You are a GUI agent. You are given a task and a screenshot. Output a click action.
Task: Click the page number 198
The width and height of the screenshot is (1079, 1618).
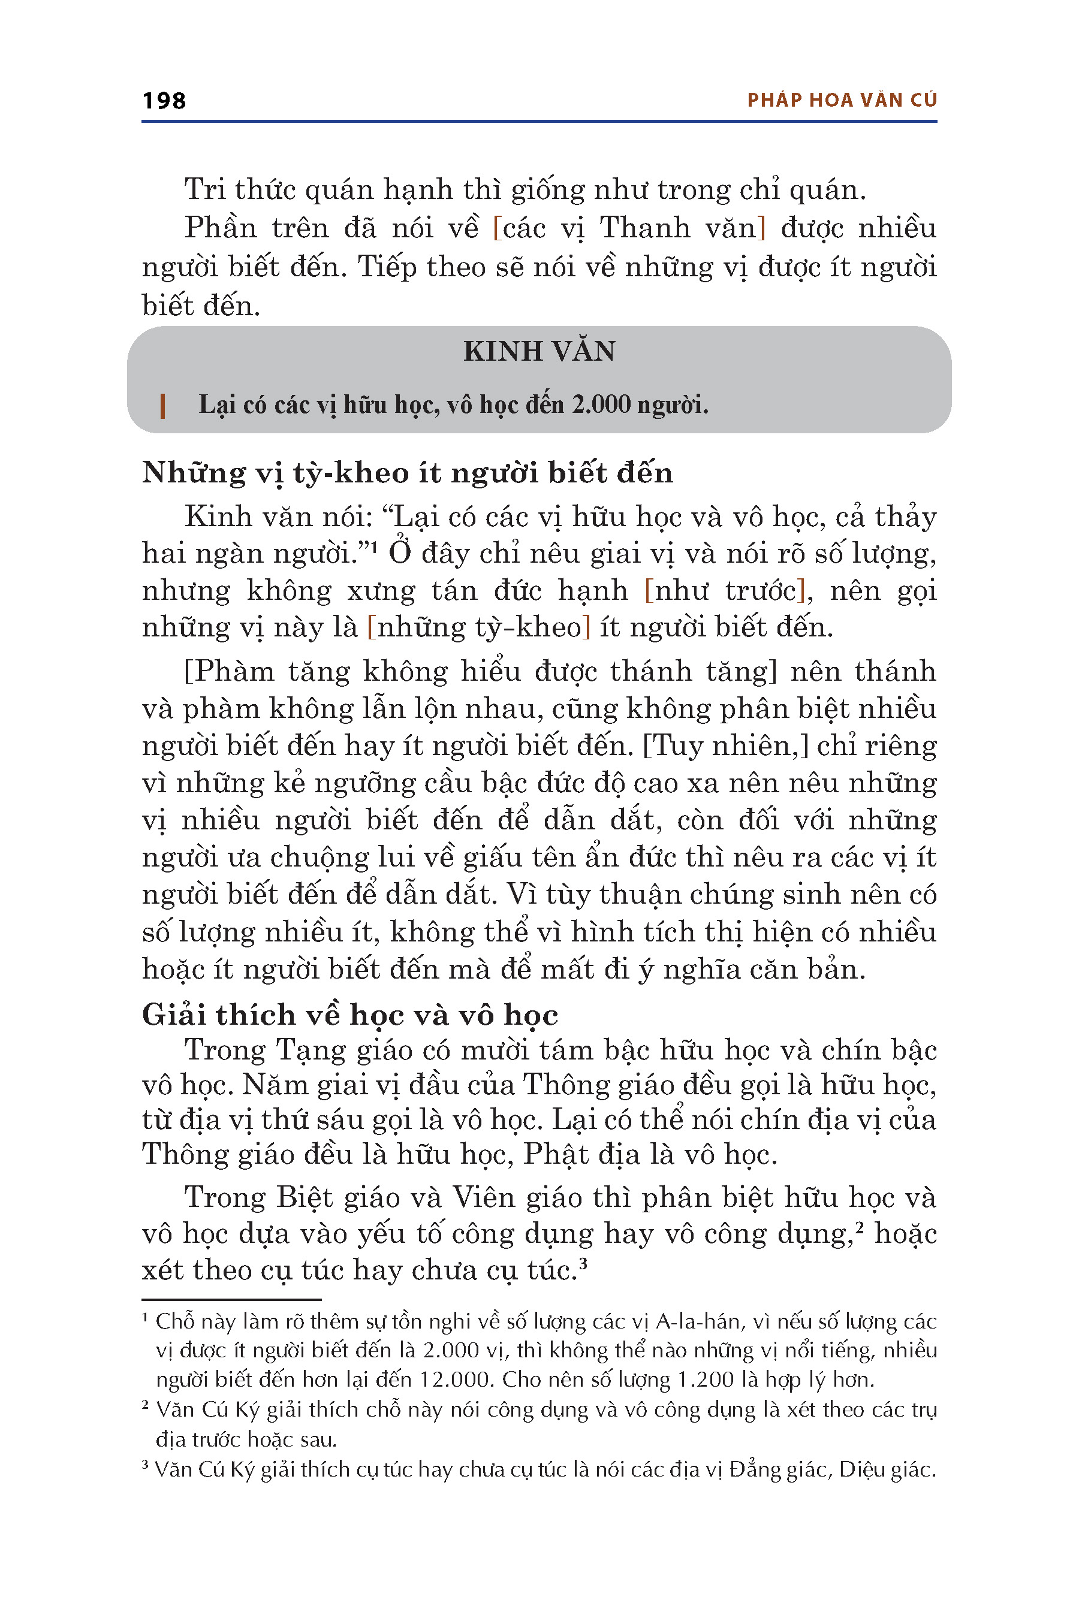coord(164,101)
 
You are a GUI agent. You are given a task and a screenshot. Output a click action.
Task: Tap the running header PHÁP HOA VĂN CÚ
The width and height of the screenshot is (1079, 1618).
coord(842,101)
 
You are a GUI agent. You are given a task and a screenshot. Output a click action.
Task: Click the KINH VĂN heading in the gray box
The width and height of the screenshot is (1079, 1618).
coord(539,352)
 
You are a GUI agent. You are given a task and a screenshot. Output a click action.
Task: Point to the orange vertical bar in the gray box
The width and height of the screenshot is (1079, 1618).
coord(162,406)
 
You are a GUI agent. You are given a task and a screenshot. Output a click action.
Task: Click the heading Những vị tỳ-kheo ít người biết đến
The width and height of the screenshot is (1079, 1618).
coord(408,473)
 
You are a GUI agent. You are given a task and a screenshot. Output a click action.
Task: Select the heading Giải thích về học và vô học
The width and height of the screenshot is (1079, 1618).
coord(349,1015)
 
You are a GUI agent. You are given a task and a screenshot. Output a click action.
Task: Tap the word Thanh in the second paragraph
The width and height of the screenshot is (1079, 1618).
coord(644,228)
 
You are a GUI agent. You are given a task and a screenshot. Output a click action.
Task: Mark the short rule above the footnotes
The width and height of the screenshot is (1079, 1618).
coord(231,1299)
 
